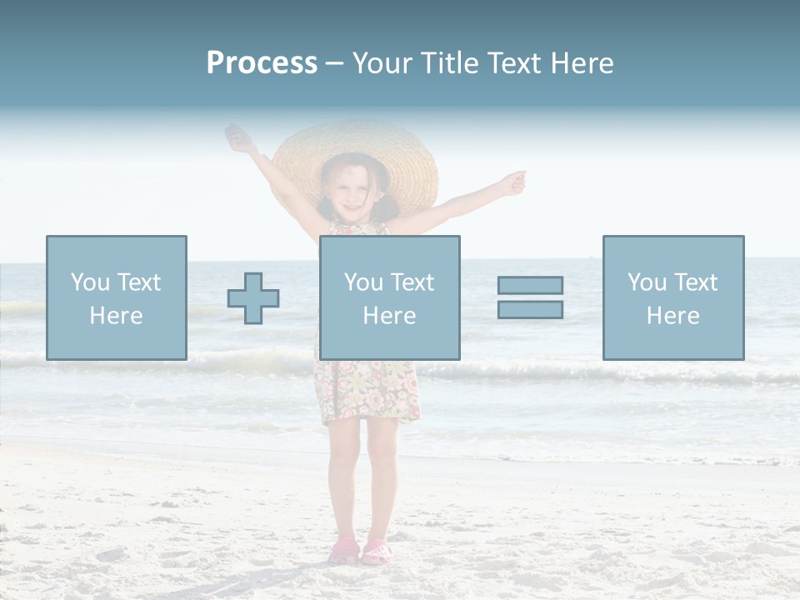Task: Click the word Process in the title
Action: tap(262, 63)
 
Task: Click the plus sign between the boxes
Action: tap(253, 298)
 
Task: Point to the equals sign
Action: tap(530, 297)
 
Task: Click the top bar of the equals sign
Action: tap(530, 285)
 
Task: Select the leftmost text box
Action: tap(116, 297)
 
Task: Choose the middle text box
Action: tap(389, 297)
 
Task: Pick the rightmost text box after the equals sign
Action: tap(672, 297)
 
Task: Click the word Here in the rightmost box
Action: tap(672, 316)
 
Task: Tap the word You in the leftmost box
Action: tap(90, 282)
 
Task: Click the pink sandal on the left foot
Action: tap(343, 551)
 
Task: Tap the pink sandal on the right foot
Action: tap(376, 551)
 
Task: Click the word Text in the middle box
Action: tap(411, 282)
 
